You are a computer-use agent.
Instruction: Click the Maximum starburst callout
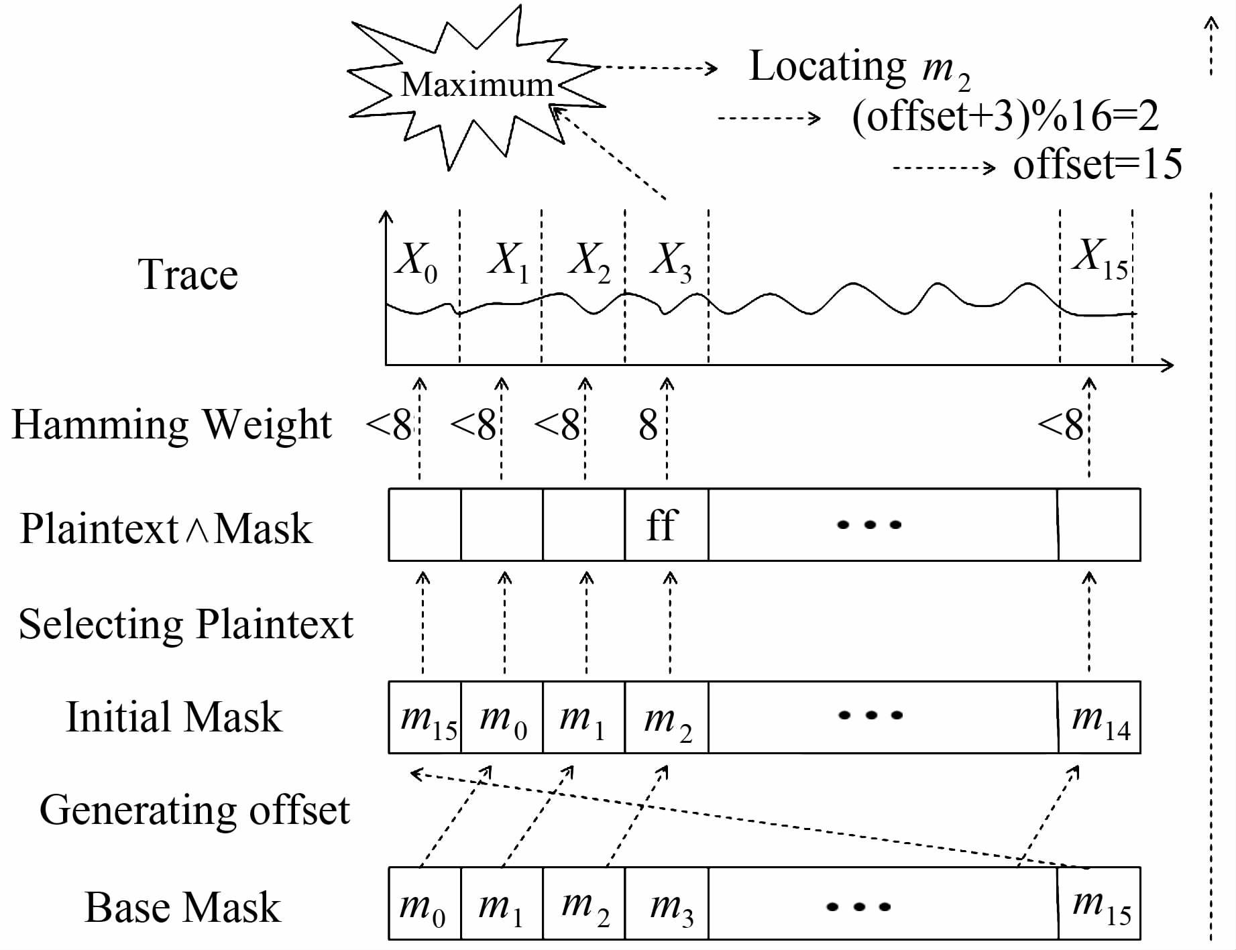(x=477, y=86)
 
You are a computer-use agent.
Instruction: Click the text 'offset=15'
(x=1097, y=164)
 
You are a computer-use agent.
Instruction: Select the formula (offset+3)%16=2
(x=1005, y=117)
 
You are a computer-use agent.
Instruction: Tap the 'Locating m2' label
(x=859, y=68)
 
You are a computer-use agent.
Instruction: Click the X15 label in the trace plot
(x=1100, y=257)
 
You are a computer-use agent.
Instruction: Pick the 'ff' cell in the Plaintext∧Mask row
(x=666, y=524)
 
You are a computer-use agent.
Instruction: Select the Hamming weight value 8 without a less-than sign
(x=648, y=425)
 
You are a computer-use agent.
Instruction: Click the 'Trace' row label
(x=188, y=275)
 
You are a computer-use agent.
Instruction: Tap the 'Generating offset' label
(x=194, y=810)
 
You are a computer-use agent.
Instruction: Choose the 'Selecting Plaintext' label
(x=186, y=624)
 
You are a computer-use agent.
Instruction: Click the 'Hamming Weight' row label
(x=172, y=424)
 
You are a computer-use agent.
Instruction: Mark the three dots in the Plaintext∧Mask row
(x=869, y=525)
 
